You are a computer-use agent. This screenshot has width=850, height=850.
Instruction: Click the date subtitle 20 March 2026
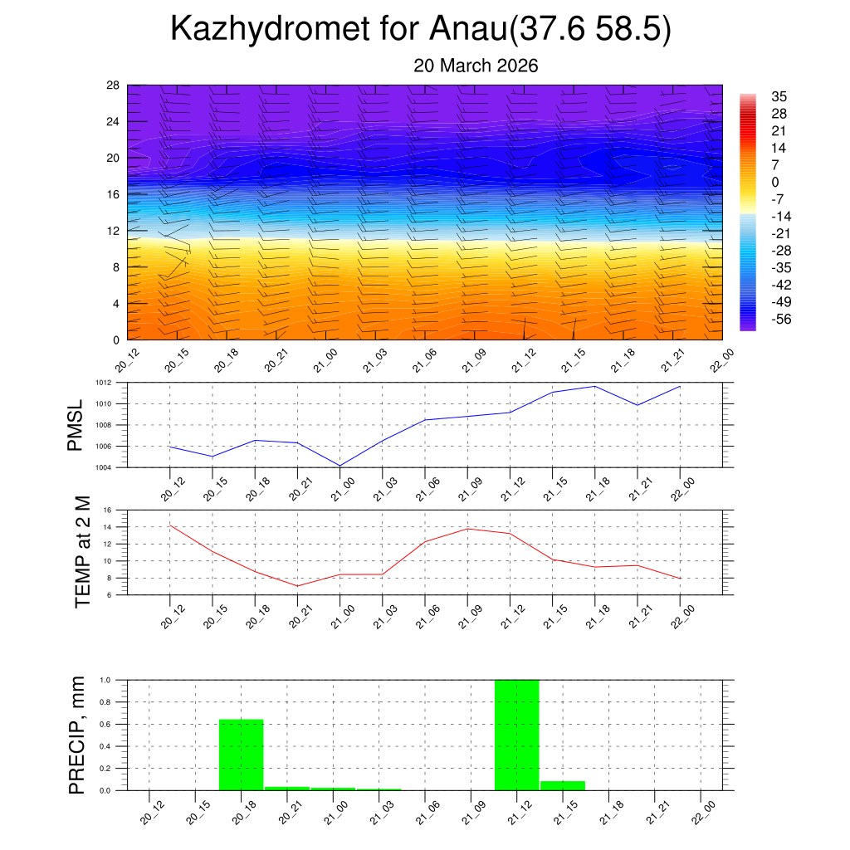tap(476, 66)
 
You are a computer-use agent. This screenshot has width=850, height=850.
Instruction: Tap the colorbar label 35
tap(779, 96)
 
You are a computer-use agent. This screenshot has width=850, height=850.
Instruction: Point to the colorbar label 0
tap(775, 182)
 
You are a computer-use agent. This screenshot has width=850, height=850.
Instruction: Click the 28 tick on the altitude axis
tap(113, 85)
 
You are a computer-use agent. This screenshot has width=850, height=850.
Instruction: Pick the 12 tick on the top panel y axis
tap(113, 231)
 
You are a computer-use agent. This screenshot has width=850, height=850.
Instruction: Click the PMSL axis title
tap(75, 425)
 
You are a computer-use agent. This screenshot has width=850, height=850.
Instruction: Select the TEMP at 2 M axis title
tap(81, 552)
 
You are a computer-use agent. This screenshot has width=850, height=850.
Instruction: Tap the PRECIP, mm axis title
tap(76, 735)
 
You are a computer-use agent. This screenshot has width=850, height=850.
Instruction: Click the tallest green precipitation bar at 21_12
tap(516, 735)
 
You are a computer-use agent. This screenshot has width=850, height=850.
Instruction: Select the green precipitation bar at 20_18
tap(241, 755)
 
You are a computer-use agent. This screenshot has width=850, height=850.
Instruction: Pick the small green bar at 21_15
tap(563, 785)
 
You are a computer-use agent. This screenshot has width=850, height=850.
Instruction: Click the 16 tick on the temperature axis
tap(116, 510)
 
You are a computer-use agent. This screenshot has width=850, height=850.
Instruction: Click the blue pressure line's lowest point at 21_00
tap(340, 466)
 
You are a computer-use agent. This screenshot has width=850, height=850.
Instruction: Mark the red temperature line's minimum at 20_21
tap(297, 586)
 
